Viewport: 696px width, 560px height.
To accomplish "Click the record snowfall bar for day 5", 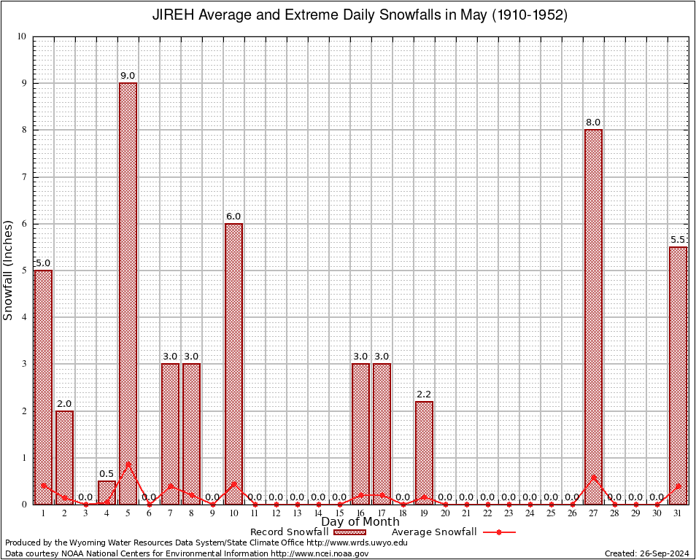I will coord(128,292).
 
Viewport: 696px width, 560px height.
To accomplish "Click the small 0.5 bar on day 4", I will coord(107,491).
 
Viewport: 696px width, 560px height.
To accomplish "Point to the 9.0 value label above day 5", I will coord(128,76).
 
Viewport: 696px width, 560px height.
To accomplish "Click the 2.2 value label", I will coord(424,394).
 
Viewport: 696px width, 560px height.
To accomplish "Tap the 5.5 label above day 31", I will coord(678,240).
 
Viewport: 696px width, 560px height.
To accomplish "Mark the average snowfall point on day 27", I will coord(593,477).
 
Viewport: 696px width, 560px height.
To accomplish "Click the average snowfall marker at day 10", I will coord(233,483).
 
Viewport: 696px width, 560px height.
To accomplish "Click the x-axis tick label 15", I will coord(339,513).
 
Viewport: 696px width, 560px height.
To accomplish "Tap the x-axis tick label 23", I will coord(509,513).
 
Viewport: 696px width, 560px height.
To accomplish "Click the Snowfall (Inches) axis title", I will coord(8,270).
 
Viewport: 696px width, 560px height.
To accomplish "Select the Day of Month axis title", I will coord(360,521).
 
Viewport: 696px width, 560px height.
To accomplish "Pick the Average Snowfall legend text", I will coord(433,532).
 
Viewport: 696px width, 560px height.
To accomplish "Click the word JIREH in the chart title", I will coord(173,15).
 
